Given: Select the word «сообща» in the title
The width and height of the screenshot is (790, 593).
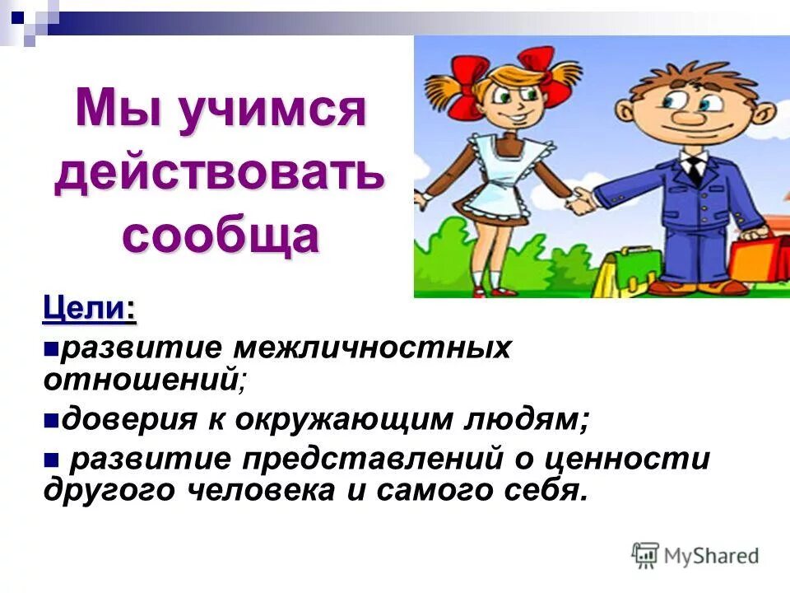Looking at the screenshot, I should (x=220, y=235).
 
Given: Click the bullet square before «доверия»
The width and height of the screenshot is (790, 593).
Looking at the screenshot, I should (x=50, y=420).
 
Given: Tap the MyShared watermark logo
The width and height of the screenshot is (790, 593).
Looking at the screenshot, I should (x=696, y=555).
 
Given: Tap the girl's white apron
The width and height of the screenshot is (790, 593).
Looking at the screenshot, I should (x=506, y=177).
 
